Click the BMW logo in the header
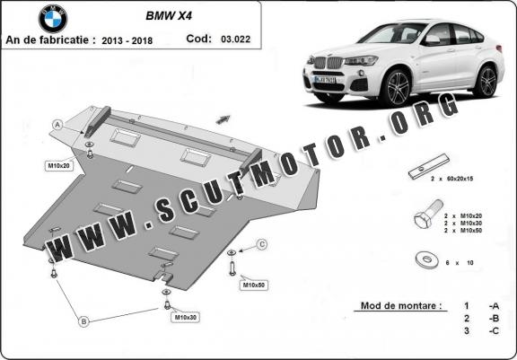(x=53, y=19)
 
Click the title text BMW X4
(x=169, y=16)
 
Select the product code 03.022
(x=236, y=40)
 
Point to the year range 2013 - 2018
(x=127, y=40)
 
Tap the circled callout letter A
(x=57, y=125)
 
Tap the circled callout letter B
(x=83, y=321)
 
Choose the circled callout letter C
(x=262, y=244)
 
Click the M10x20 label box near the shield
(x=58, y=166)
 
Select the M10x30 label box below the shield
(x=185, y=318)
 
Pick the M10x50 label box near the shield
(x=253, y=285)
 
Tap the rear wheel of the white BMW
(x=486, y=82)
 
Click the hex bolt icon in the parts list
(x=428, y=214)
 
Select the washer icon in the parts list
(x=426, y=259)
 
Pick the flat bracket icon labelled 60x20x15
(x=429, y=166)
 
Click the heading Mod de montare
(x=401, y=305)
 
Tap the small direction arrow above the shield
(x=223, y=119)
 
